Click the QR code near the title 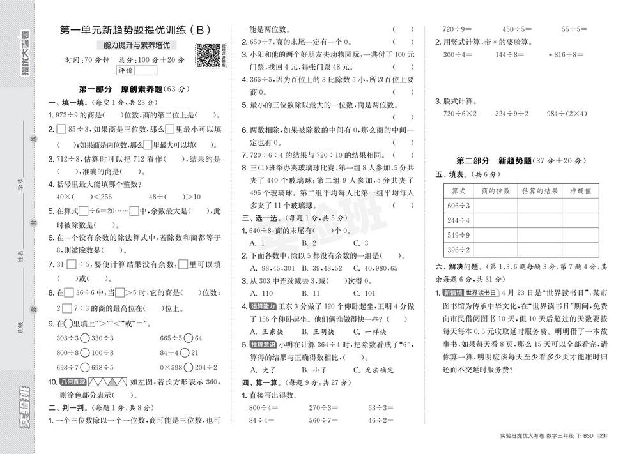point(208,55)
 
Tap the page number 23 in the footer point(602,436)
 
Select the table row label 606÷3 point(458,205)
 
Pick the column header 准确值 point(580,190)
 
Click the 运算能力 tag point(263,306)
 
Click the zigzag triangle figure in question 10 point(106,382)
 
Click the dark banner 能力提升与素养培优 point(140,45)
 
